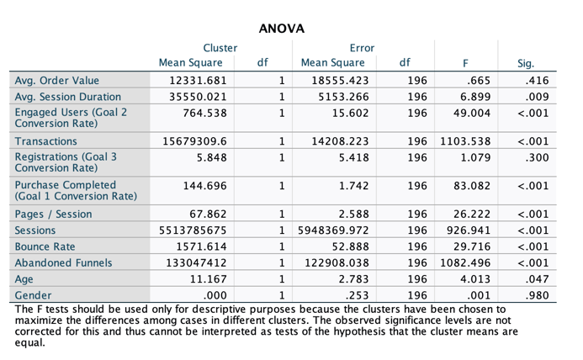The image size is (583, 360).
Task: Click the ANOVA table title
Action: (x=281, y=29)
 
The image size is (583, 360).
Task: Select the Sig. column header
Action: (x=528, y=63)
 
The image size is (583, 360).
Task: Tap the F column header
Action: (x=465, y=63)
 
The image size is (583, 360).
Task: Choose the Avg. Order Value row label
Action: (x=56, y=82)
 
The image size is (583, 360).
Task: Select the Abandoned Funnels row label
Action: (x=63, y=262)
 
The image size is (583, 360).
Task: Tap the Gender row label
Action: (x=34, y=295)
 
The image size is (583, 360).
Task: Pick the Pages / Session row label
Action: (x=54, y=214)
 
